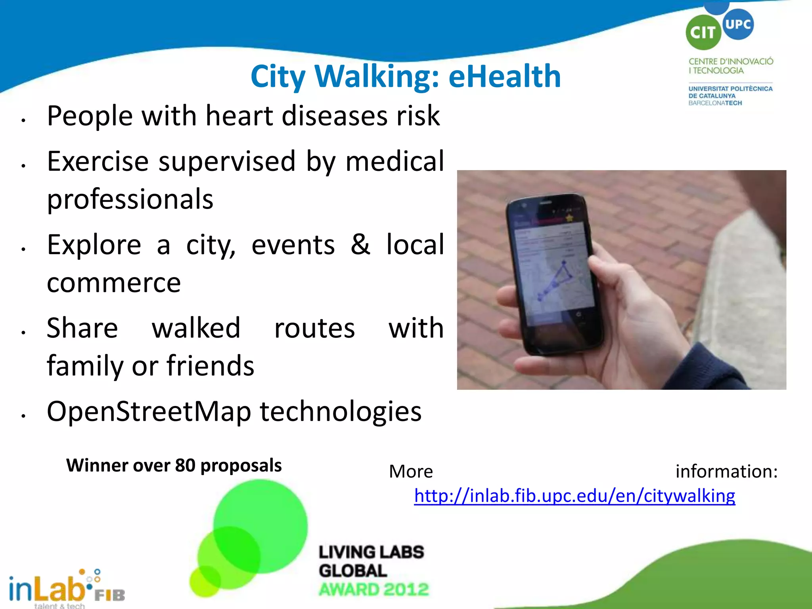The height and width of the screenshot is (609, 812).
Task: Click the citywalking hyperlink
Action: [575, 496]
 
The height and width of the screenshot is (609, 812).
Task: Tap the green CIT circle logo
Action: [703, 33]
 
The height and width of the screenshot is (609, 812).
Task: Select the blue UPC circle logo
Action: [738, 24]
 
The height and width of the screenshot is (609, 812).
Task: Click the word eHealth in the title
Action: [504, 76]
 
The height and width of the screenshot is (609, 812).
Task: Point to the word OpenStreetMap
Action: [149, 412]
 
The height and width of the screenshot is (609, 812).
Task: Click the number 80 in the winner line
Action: [185, 465]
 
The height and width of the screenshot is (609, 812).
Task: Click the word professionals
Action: [130, 199]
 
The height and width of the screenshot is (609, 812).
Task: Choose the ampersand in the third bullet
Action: [360, 244]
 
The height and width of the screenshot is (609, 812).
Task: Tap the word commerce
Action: [114, 283]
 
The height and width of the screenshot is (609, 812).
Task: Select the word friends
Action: [210, 366]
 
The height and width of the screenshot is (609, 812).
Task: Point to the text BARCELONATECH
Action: [715, 103]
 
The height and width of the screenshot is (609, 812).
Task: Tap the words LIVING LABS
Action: [371, 552]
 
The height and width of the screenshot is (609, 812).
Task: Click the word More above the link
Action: [411, 471]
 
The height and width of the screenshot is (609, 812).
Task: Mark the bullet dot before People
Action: [24, 120]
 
